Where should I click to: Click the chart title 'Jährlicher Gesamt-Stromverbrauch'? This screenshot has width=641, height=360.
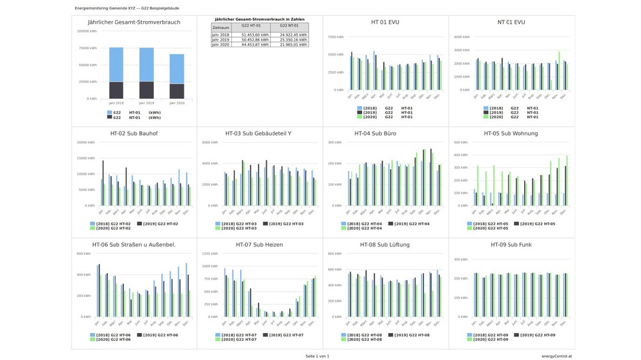134,22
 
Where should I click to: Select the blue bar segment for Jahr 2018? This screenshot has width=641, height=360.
116,64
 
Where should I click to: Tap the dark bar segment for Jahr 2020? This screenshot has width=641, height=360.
177,91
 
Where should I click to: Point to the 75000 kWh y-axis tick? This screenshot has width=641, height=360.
87,48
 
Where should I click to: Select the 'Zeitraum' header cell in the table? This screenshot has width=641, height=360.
221,28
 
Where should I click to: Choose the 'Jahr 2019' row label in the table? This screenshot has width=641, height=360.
221,40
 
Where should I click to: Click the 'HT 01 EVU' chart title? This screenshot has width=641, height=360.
385,22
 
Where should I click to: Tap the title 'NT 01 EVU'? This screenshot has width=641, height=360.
511,22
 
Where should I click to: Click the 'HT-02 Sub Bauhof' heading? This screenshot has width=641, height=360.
134,133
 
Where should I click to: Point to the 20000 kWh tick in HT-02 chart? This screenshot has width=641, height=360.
86,142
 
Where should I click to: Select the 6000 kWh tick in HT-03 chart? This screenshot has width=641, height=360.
211,142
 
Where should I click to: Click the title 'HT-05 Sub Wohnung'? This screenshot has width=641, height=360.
511,133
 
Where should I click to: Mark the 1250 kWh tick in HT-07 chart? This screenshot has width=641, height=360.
211,253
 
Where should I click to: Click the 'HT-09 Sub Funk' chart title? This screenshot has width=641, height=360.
511,244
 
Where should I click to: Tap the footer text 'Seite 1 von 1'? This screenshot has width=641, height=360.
317,356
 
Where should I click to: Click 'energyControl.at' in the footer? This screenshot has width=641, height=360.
555,356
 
